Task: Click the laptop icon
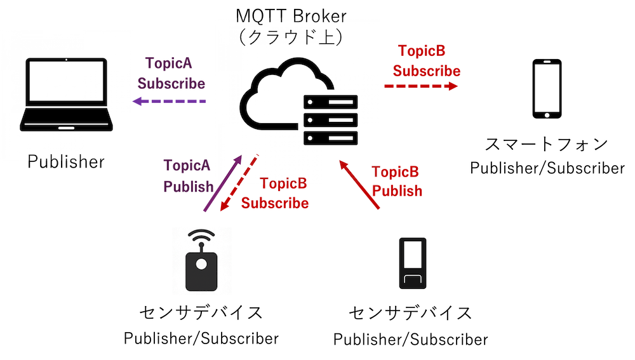(66, 95)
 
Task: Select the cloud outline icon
(279, 92)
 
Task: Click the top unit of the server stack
(330, 102)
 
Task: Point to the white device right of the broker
(547, 89)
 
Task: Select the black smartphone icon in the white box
(411, 263)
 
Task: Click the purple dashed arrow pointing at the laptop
(170, 102)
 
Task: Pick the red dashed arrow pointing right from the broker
(421, 86)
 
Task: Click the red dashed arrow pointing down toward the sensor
(237, 185)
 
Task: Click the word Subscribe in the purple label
(171, 83)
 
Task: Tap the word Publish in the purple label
(188, 187)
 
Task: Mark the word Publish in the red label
(398, 190)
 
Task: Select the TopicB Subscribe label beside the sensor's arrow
(276, 194)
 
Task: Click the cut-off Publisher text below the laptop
(65, 158)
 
